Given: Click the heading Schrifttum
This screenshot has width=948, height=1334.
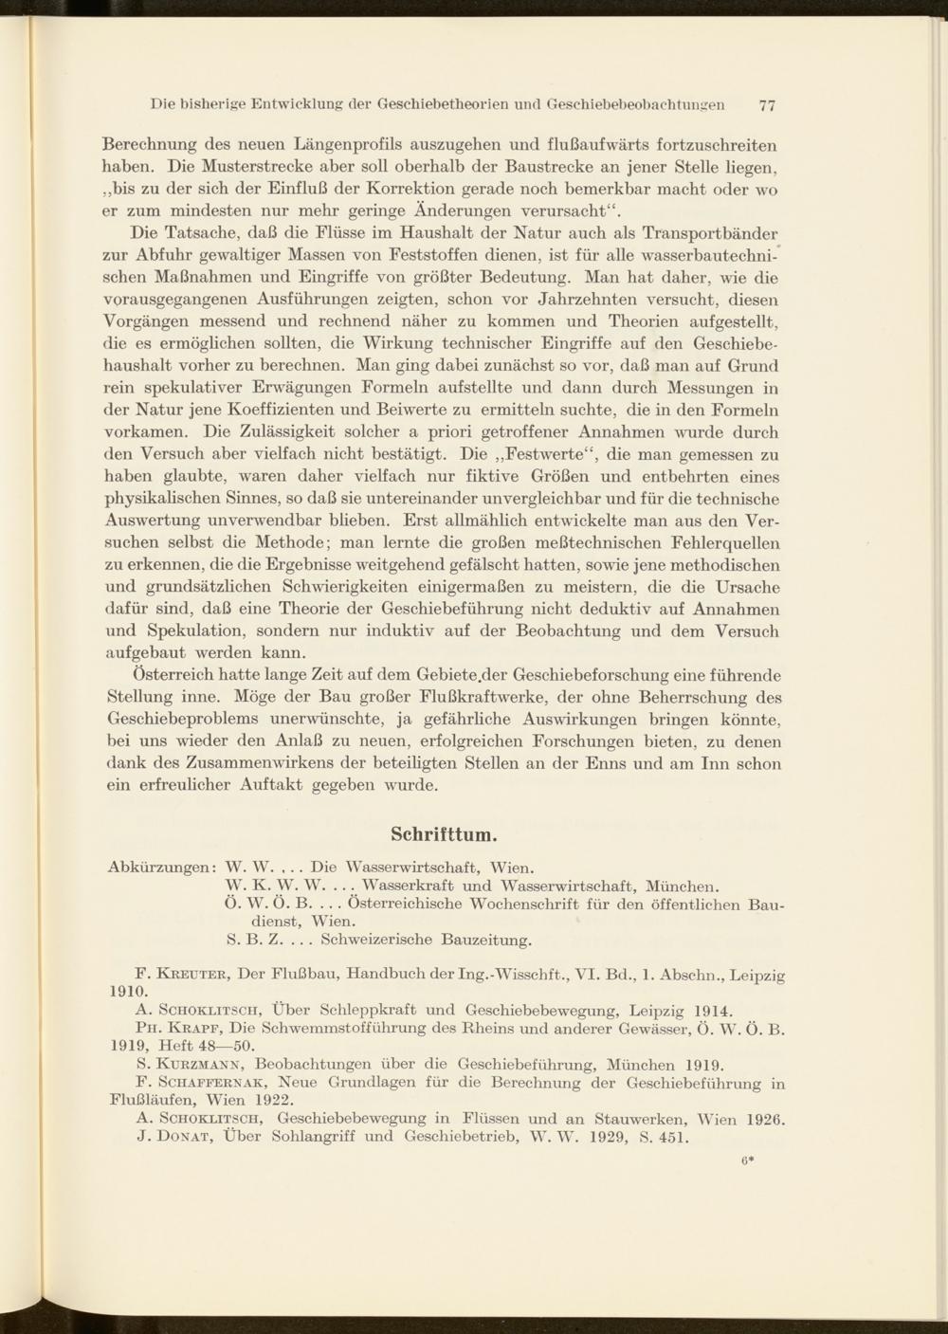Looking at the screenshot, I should point(445,834).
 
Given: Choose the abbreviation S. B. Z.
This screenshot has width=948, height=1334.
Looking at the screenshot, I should point(253,941).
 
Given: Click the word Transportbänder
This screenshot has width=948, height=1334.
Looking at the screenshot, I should point(710,233).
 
